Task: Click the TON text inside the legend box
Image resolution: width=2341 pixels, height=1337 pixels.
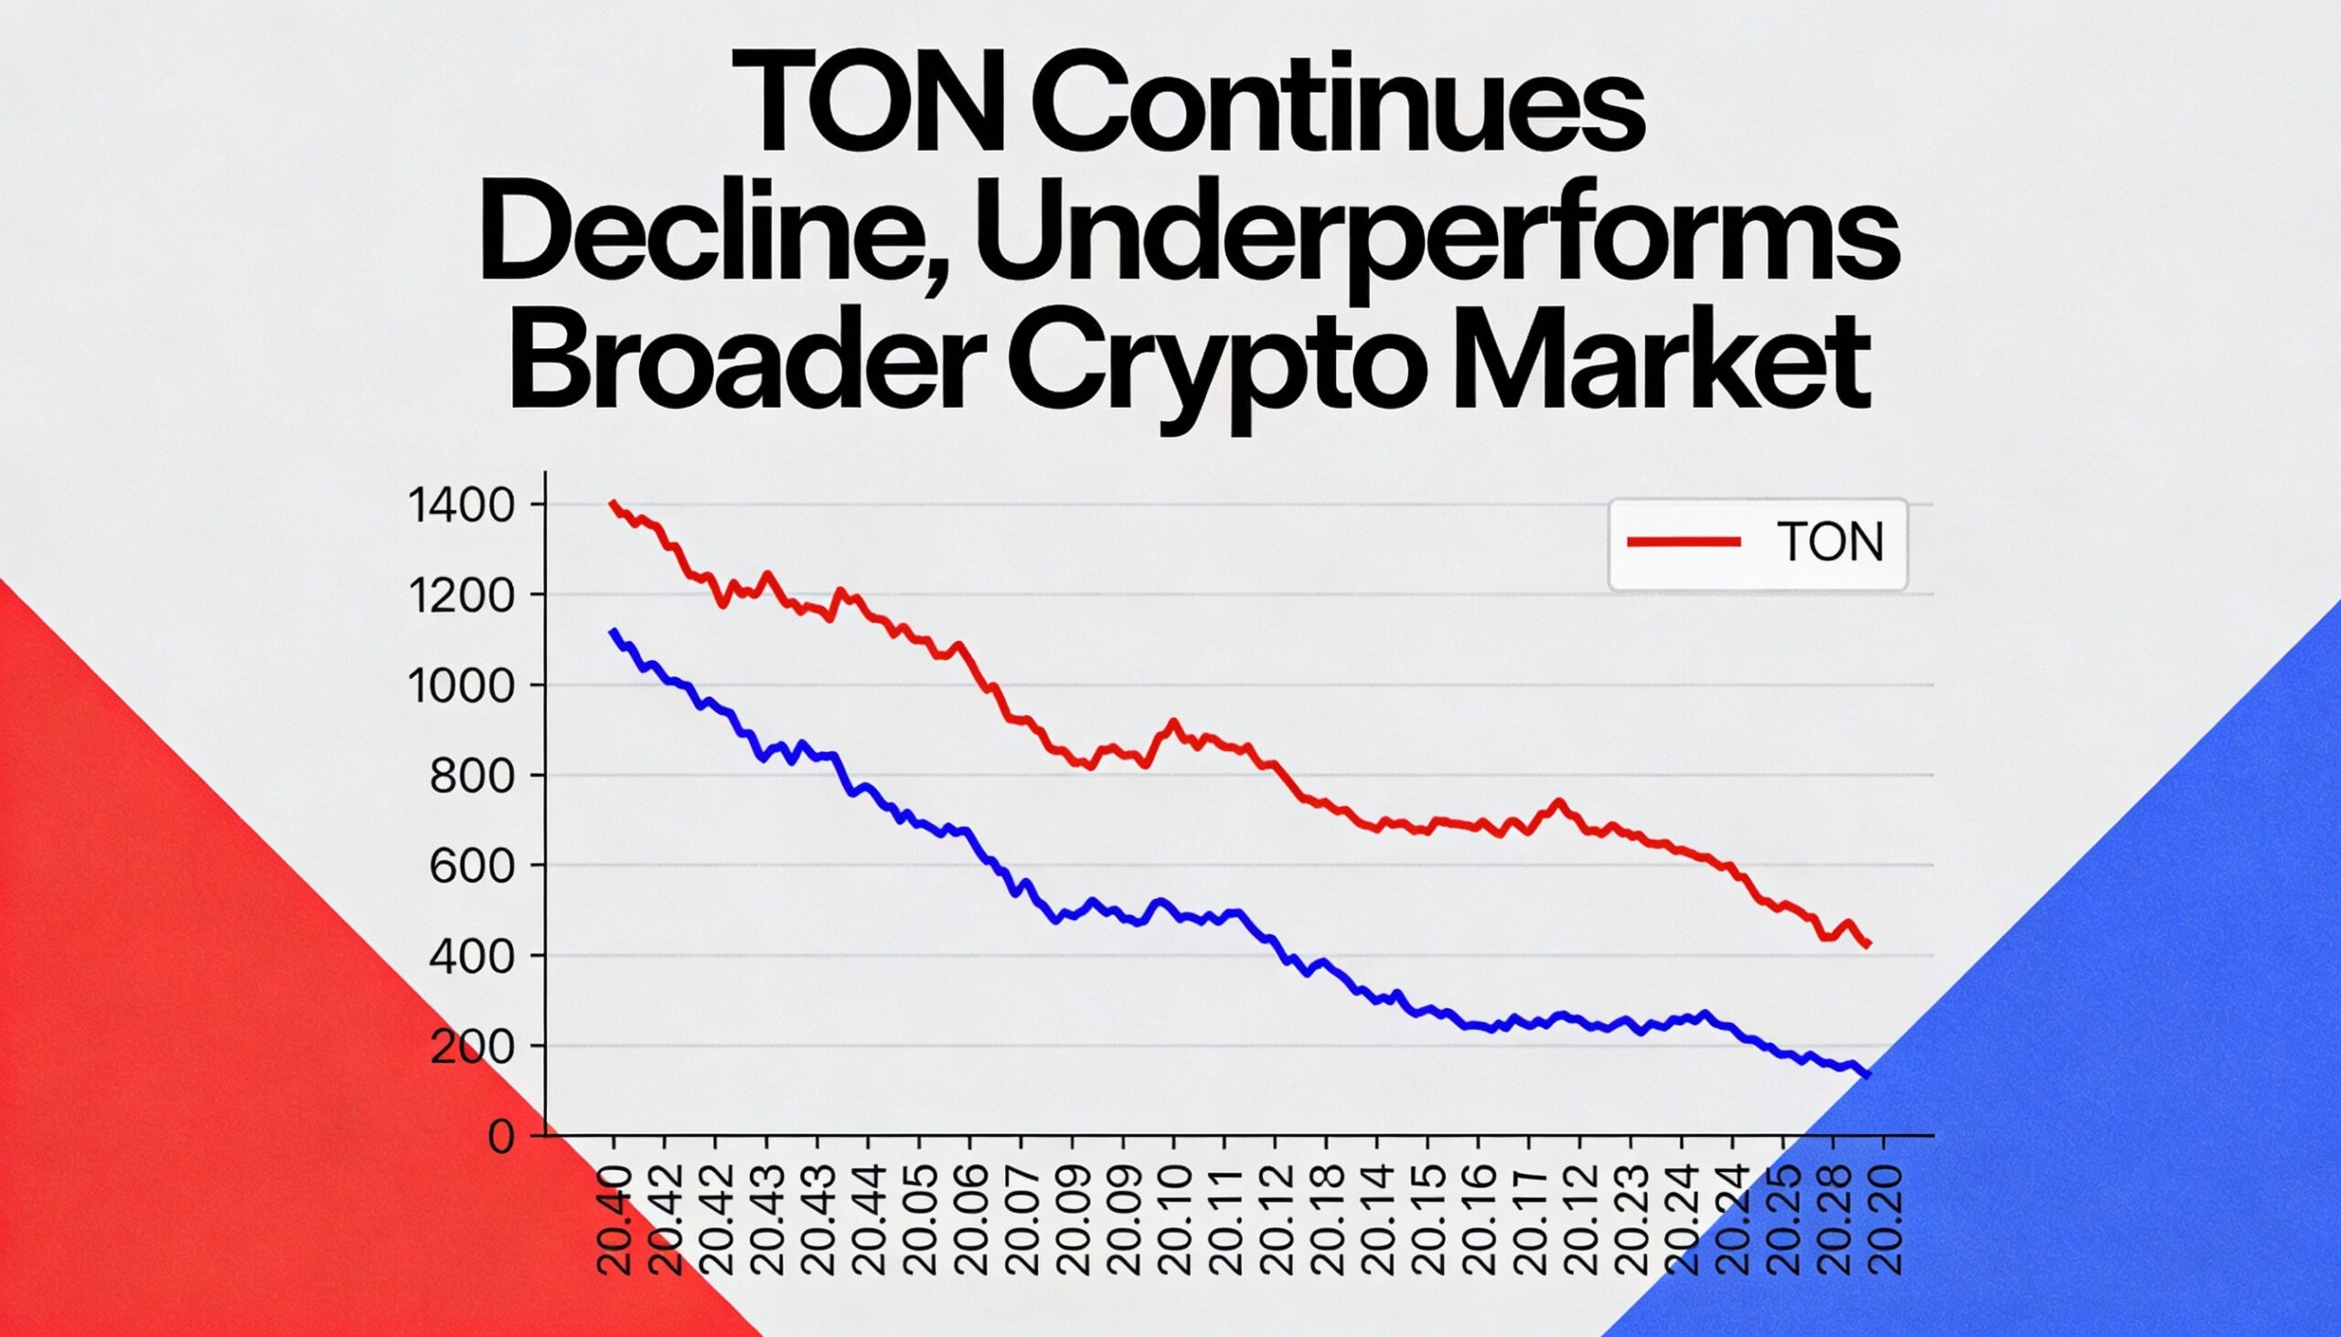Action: pos(1830,543)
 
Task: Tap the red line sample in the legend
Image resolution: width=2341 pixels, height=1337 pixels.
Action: pos(1684,543)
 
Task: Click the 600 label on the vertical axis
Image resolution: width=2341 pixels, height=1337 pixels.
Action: pos(482,868)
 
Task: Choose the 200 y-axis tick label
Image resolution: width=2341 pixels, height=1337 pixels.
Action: pos(482,1048)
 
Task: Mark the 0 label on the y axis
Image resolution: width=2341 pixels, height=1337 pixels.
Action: pos(501,1139)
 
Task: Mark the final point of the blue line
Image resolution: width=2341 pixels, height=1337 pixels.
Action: pos(1869,1076)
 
